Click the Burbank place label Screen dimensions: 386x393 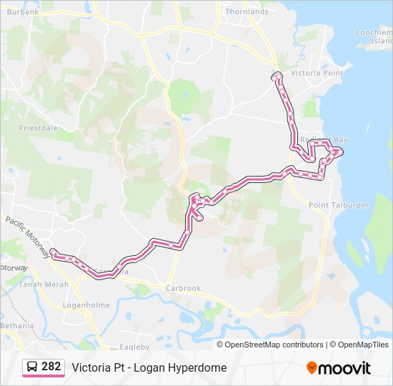coord(22,12)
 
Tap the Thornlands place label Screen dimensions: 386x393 coord(246,12)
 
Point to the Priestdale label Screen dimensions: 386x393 coord(37,129)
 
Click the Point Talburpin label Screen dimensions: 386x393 coord(338,205)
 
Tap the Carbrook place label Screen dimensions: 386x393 coord(183,288)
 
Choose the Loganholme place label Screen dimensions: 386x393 coord(86,305)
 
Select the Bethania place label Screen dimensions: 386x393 coord(17,326)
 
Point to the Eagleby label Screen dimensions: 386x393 coord(134,347)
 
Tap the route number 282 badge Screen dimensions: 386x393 coord(51,367)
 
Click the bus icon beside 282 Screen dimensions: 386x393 coord(32,367)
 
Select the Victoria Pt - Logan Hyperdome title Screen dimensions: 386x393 coord(149,367)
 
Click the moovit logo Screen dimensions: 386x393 coord(339,368)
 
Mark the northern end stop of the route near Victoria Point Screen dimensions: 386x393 coord(276,76)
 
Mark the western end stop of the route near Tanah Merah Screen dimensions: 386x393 coord(54,252)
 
